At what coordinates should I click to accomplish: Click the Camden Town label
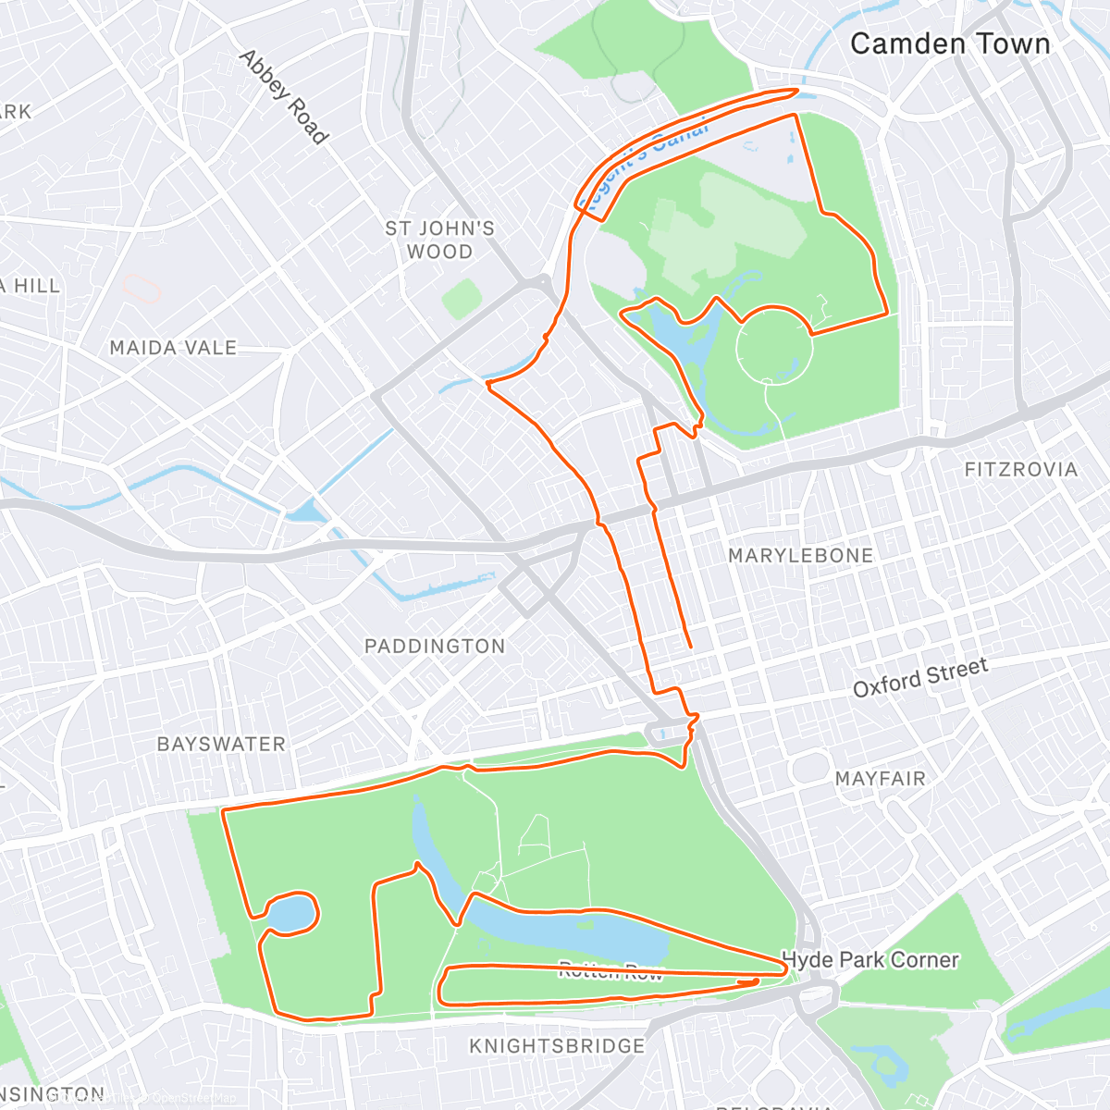[950, 43]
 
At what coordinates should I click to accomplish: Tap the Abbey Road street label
[284, 97]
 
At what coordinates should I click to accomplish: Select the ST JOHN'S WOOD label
[439, 240]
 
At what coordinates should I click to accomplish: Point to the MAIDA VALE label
[173, 348]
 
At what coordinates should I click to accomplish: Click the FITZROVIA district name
[1020, 470]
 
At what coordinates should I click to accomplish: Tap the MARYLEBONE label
[800, 555]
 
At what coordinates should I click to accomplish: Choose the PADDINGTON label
[435, 646]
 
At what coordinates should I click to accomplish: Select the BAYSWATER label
[221, 744]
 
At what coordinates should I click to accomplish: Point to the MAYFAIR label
[880, 779]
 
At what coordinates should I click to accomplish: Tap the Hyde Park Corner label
[870, 960]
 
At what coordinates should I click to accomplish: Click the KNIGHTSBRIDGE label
[557, 1046]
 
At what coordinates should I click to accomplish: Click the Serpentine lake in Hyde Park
[573, 930]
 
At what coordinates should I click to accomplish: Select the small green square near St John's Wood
[461, 299]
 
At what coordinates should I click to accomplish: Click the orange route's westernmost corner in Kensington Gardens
[224, 811]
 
